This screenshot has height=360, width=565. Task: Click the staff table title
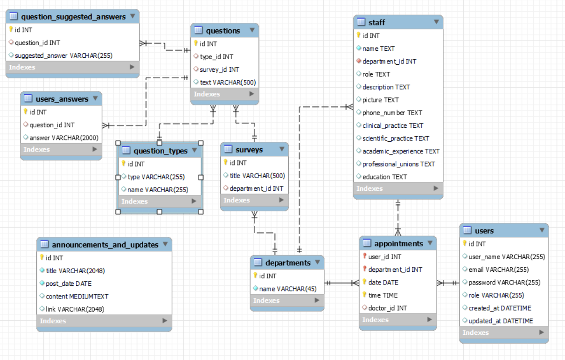[x=377, y=22]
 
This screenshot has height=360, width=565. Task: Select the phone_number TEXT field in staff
[x=392, y=113]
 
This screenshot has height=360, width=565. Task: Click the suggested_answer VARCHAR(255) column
[x=63, y=55]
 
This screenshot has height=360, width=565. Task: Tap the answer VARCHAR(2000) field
[x=64, y=138]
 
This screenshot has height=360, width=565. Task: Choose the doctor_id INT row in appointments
[x=387, y=308]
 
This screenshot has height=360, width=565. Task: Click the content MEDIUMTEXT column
[x=77, y=296]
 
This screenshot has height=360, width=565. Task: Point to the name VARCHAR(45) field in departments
[x=287, y=289]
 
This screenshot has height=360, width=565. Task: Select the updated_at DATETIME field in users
[x=501, y=321]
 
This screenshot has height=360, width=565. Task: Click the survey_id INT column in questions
[x=219, y=69]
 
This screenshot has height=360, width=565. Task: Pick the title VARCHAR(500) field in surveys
[x=257, y=176]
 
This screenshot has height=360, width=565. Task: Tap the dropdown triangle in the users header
[x=542, y=230]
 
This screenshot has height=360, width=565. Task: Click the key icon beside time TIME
[x=365, y=295]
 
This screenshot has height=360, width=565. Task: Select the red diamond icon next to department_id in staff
[x=358, y=61]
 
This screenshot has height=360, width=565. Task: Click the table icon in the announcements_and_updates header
[x=45, y=244]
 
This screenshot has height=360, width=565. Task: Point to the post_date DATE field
[x=69, y=284]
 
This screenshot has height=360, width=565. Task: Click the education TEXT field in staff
[x=384, y=177]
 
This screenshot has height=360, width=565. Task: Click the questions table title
[x=223, y=31]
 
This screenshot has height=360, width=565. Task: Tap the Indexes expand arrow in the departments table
[x=317, y=301]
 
